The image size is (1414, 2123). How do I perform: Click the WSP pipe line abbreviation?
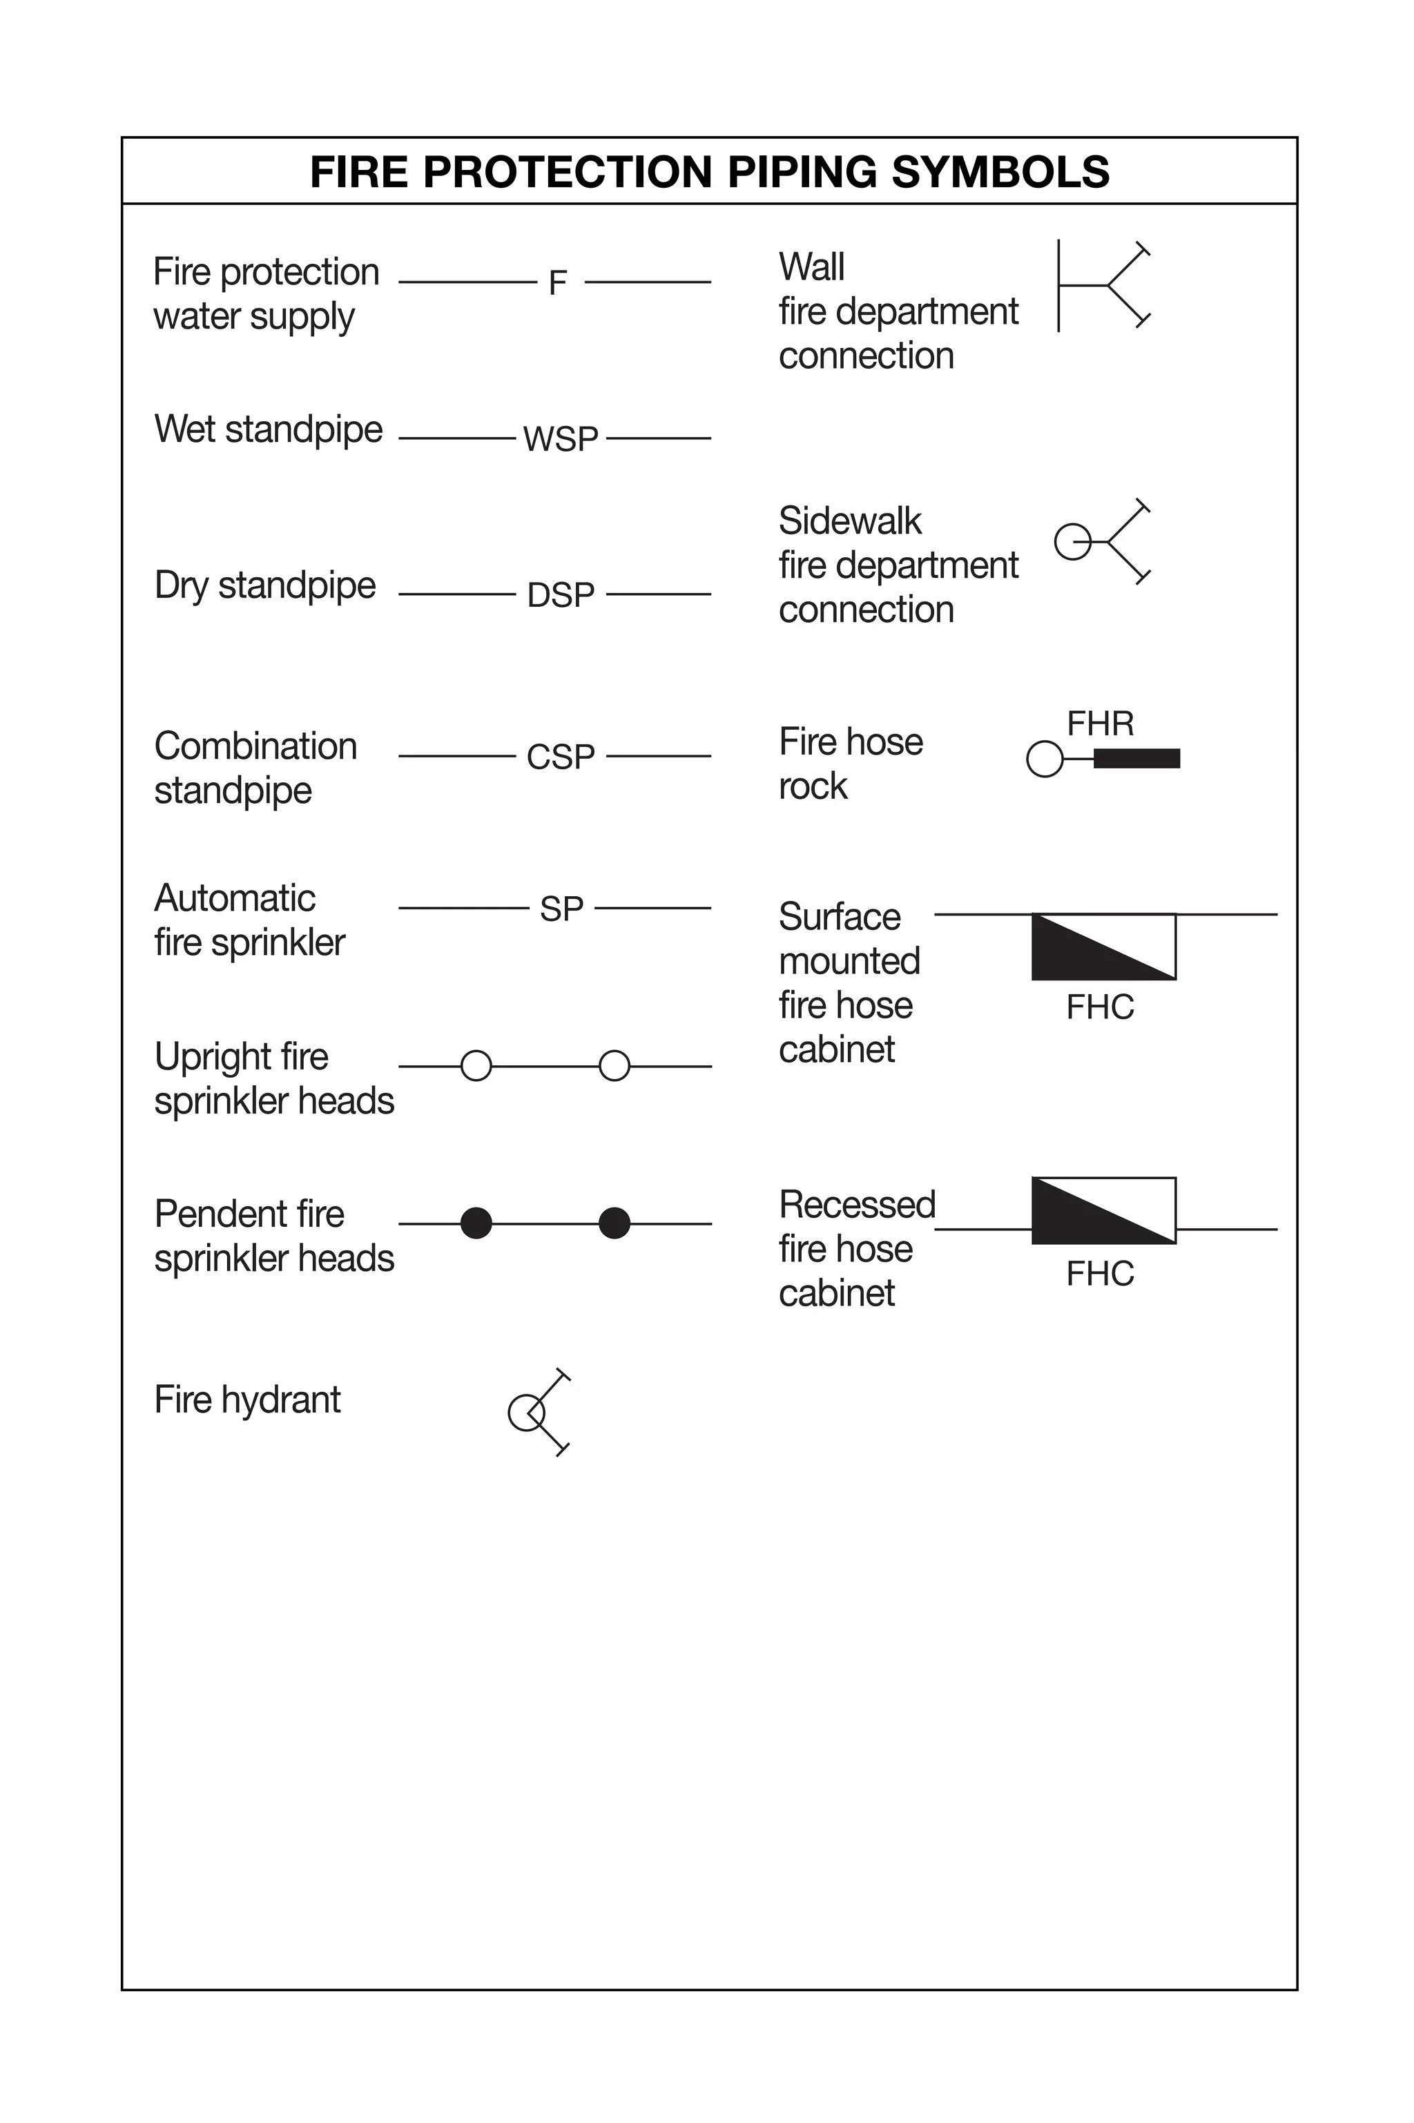(x=560, y=439)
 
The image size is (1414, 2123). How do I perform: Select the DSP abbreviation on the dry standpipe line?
(x=560, y=595)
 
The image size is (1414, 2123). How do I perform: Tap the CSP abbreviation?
(x=560, y=757)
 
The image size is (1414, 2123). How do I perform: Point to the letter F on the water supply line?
(x=558, y=283)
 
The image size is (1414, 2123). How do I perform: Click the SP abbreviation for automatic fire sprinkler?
(x=561, y=909)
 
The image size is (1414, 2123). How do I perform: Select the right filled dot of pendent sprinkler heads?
(x=614, y=1223)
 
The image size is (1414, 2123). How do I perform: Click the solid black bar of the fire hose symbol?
(x=1136, y=759)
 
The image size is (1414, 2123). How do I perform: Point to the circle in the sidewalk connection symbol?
(x=1073, y=542)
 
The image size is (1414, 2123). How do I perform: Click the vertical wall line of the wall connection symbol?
(x=1058, y=286)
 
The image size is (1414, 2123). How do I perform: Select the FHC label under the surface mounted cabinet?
(x=1100, y=1008)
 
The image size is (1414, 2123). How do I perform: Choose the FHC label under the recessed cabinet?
(x=1100, y=1274)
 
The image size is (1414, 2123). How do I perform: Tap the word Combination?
(x=256, y=746)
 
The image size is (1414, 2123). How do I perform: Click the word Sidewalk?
(x=849, y=521)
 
